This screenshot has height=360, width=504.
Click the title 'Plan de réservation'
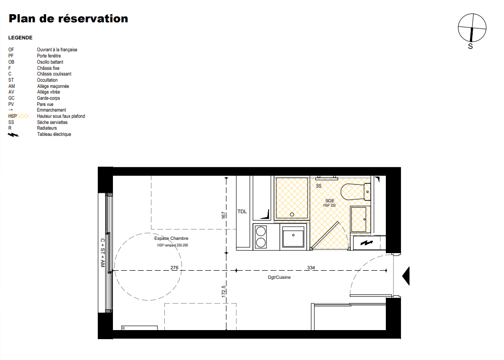[x=68, y=19]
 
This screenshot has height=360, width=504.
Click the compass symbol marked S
[x=472, y=28]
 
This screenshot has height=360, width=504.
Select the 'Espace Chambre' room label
[x=171, y=238]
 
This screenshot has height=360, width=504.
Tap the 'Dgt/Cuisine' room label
[x=279, y=277]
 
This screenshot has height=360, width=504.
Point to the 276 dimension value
[x=174, y=268]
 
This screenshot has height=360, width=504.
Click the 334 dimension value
[x=311, y=268]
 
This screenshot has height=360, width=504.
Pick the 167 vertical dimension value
[x=224, y=215]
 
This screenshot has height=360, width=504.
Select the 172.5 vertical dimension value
[x=224, y=291]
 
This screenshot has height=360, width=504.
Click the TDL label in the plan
[x=242, y=211]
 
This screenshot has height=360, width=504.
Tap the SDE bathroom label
[x=330, y=201]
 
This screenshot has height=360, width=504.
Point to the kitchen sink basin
[x=293, y=237]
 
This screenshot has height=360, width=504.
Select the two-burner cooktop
[x=261, y=237]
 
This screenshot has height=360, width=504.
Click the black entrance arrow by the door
[x=406, y=276]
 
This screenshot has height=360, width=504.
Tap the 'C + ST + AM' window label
[x=103, y=253]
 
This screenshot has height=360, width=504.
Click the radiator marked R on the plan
[x=140, y=328]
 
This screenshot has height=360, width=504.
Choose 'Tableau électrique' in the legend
[x=54, y=134]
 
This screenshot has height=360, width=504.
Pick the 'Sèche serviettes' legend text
[x=52, y=122]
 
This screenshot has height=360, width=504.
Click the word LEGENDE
[x=20, y=38]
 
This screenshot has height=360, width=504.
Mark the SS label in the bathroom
[x=318, y=186]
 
